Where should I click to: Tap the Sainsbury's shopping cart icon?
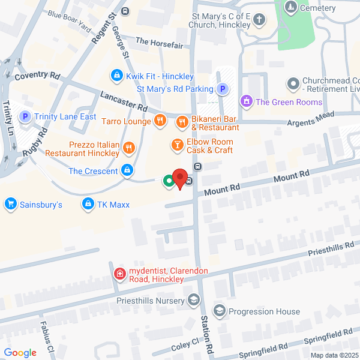[10, 205]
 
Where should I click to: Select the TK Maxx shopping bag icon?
[89, 205]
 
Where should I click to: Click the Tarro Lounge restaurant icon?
[159, 120]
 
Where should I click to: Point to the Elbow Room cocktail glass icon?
[177, 145]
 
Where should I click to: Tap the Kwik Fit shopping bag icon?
[116, 76]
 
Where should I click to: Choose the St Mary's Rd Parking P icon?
[222, 89]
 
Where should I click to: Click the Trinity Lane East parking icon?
[25, 116]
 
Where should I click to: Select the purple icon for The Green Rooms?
[246, 102]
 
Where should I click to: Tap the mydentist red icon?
[120, 275]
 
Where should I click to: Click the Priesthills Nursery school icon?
[194, 299]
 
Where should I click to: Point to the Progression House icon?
[220, 311]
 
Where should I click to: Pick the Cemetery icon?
[291, 8]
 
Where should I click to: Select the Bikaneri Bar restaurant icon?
[182, 122]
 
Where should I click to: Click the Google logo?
[20, 353]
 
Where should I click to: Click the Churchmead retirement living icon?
[293, 84]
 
